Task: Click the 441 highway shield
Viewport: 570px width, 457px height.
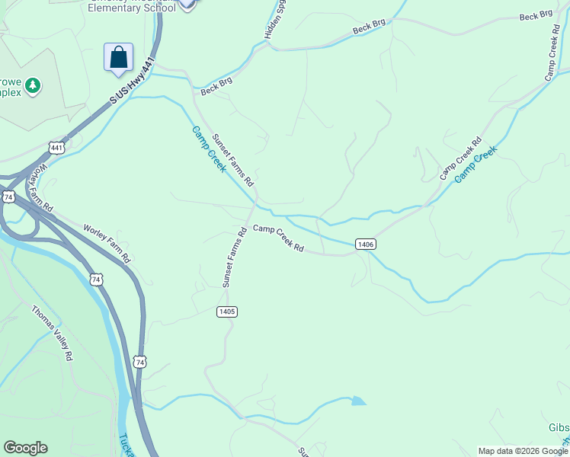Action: pyautogui.click(x=56, y=146)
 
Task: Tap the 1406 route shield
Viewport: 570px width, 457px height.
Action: pyautogui.click(x=365, y=244)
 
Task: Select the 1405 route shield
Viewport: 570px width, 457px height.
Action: pyautogui.click(x=226, y=312)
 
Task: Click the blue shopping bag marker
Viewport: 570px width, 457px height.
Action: pyautogui.click(x=118, y=57)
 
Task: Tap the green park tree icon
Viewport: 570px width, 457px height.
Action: pyautogui.click(x=32, y=85)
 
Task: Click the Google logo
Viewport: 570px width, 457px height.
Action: pyautogui.click(x=25, y=448)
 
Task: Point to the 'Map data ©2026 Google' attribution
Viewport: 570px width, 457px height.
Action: pyautogui.click(x=523, y=451)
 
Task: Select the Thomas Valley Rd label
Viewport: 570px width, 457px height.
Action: pyautogui.click(x=53, y=333)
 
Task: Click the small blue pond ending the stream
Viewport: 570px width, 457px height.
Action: pyautogui.click(x=358, y=401)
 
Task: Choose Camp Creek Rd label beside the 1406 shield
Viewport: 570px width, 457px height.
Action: pyautogui.click(x=278, y=238)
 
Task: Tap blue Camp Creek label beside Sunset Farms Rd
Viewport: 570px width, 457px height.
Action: pyautogui.click(x=208, y=149)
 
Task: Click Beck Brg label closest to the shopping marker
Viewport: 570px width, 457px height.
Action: pyautogui.click(x=216, y=85)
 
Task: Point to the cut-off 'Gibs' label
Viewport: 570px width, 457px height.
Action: pyautogui.click(x=559, y=427)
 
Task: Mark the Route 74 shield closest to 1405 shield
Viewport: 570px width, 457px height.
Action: pyautogui.click(x=139, y=363)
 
